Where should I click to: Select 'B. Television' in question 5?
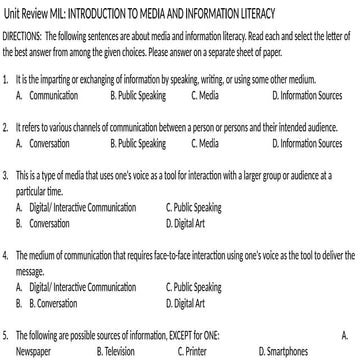pos(117,352)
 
